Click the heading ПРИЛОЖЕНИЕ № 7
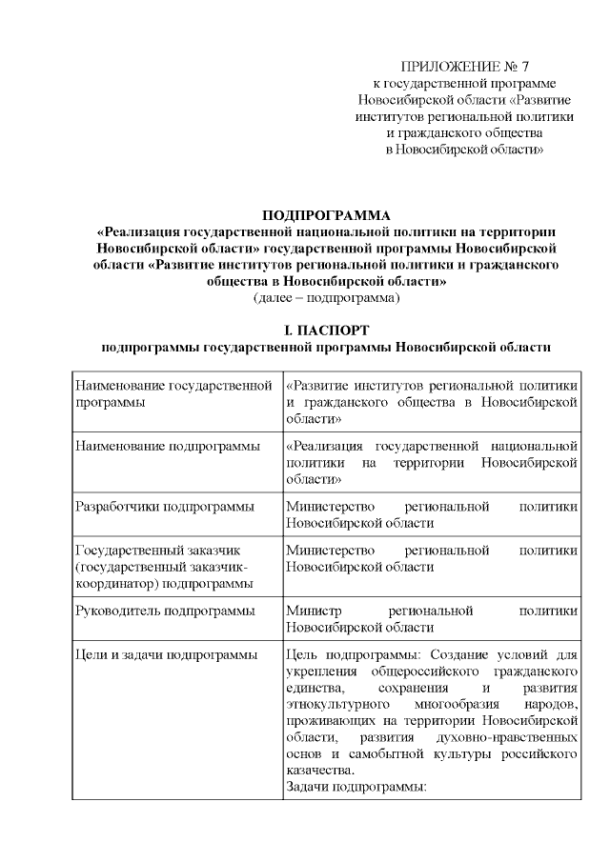(x=464, y=67)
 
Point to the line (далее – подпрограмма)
(x=326, y=298)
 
